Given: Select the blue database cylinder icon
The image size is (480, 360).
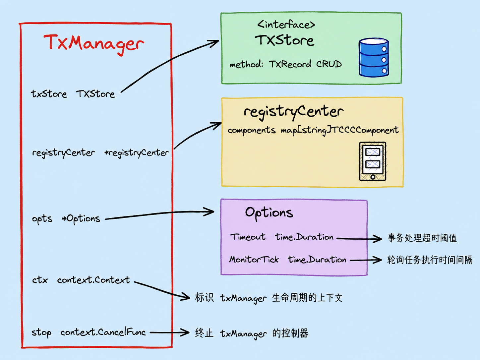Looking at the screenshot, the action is pos(374,57).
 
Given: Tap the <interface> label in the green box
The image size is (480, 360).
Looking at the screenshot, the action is pos(286,25).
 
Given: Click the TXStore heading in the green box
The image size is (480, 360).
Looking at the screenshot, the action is pos(284,40).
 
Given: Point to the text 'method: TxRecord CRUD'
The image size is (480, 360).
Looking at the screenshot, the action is pos(286,64).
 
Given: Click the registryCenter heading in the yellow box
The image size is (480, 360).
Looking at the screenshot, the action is pos(294,112).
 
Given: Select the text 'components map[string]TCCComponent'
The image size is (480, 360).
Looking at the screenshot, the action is pos(313,131).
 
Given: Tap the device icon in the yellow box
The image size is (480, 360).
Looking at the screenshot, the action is pos(373,161).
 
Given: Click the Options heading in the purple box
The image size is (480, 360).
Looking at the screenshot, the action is pos(269,213).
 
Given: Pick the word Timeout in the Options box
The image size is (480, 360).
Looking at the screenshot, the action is pos(248,237).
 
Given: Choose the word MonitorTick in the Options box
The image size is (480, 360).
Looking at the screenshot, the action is pos(254,260).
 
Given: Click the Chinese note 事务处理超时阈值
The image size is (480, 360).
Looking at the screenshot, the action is pos(422,238).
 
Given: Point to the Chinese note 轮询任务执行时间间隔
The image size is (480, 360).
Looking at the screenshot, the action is pos(430,260).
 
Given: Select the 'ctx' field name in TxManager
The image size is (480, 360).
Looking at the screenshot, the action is pos(40,280).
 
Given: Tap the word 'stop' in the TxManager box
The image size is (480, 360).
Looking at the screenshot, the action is pos(41,333).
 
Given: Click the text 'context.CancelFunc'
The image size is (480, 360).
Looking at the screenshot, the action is pos(103,332).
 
